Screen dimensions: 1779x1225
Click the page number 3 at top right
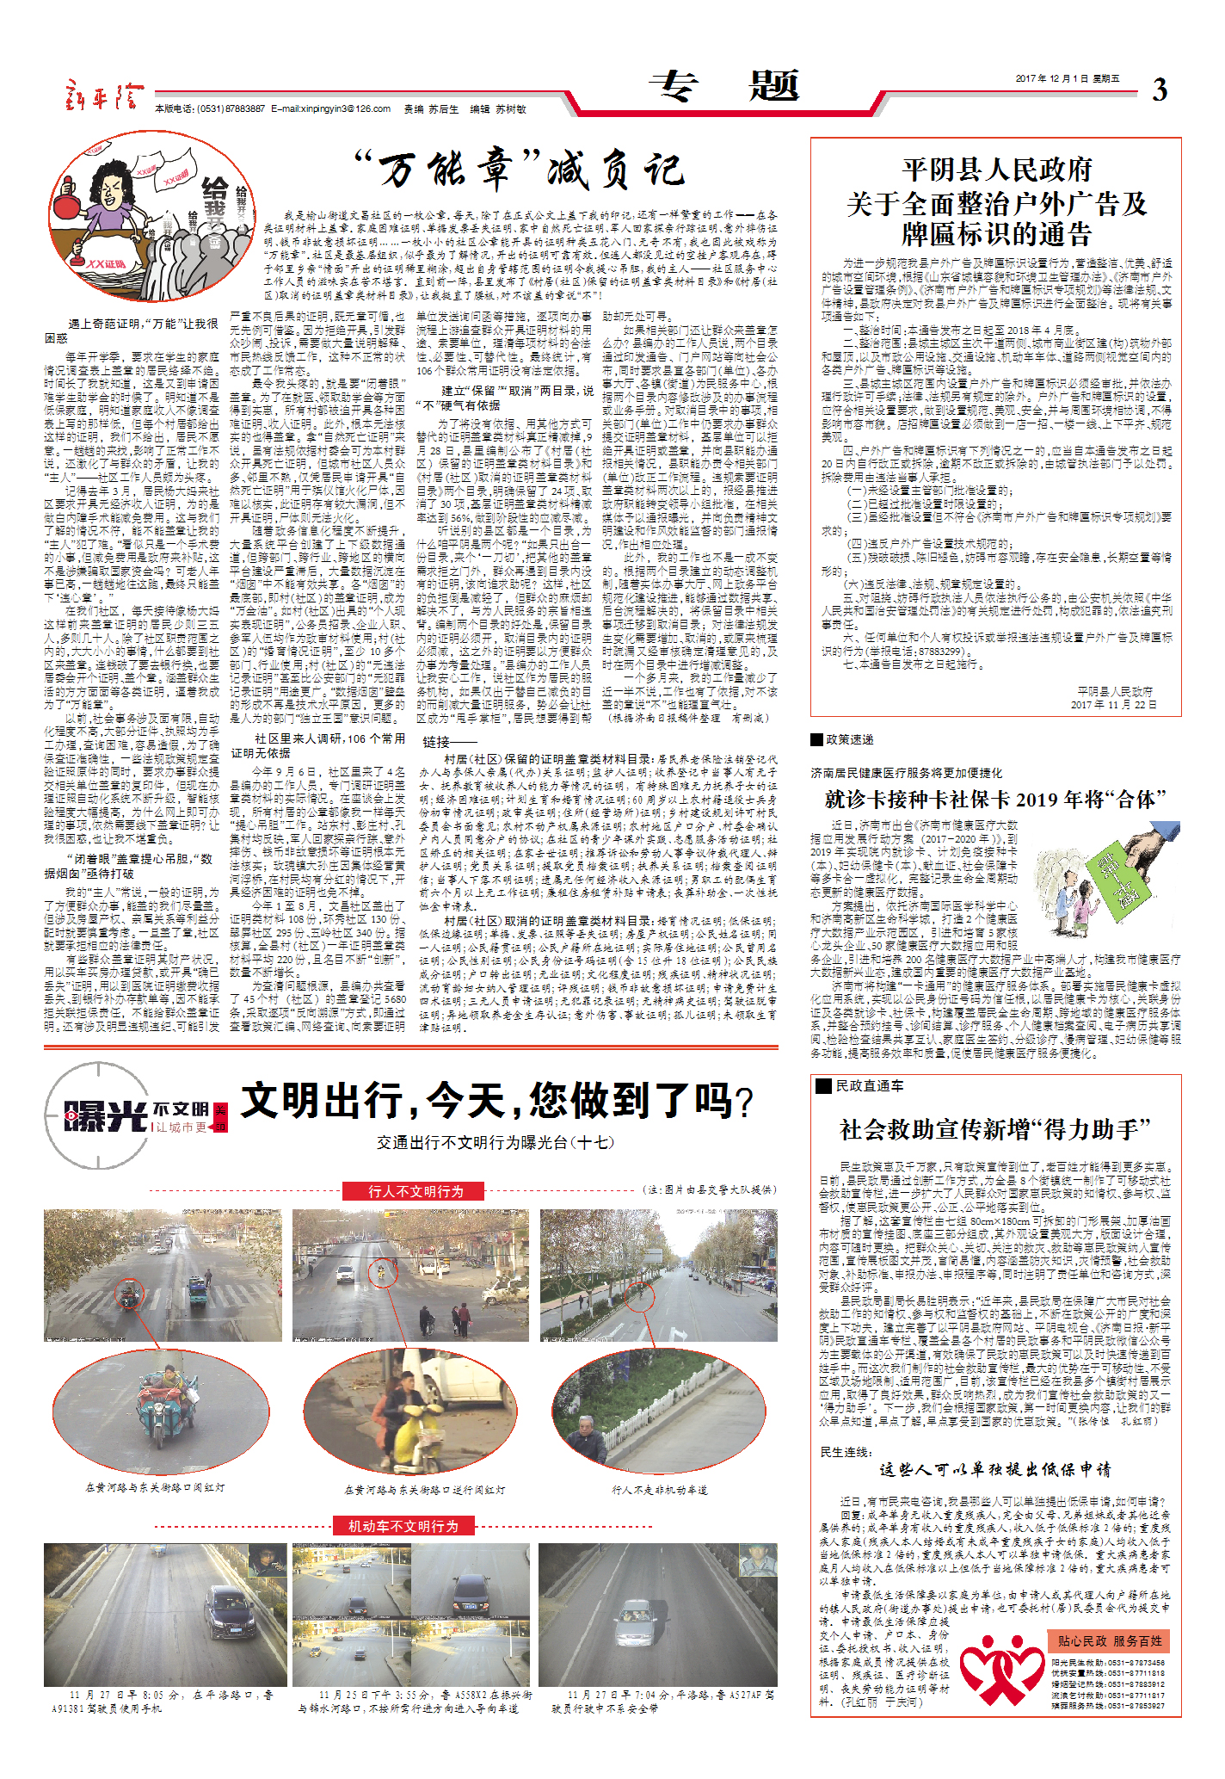tap(1160, 90)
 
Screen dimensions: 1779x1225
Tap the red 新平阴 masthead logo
tap(101, 94)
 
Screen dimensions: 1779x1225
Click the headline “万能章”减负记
tap(521, 169)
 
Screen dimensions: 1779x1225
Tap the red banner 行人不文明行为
tap(416, 1191)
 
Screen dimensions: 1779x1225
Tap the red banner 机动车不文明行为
tap(403, 1526)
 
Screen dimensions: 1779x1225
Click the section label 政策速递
tap(849, 739)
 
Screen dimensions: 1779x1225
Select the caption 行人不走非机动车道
tap(659, 1490)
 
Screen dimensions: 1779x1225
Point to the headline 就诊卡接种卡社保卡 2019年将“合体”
tap(995, 799)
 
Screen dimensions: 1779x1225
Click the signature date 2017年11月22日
tap(1113, 704)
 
